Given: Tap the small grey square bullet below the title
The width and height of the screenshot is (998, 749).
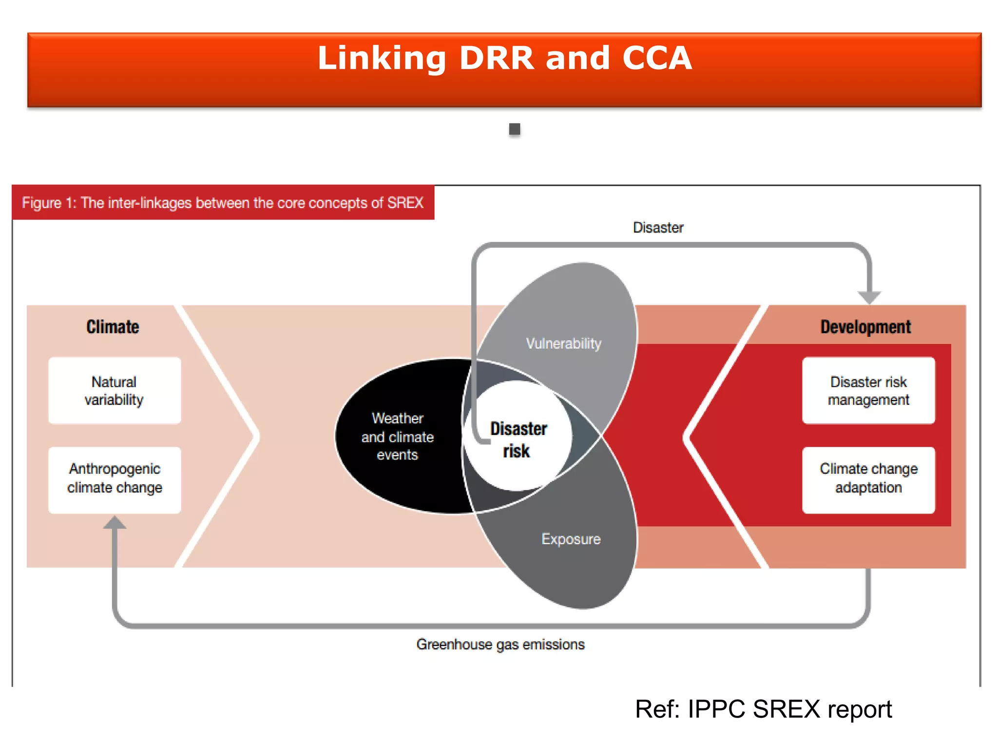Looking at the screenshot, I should point(514,129).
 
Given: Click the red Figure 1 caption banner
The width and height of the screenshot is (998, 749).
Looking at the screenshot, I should point(223,203).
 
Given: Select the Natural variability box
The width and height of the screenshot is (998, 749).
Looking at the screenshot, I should point(115,391).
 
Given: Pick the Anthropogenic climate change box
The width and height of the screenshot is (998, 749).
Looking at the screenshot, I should point(115,479).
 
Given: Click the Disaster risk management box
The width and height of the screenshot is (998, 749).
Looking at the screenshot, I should point(868,391).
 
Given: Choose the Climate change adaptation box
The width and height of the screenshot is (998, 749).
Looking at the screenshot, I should point(868,479).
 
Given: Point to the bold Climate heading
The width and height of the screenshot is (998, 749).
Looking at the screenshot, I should point(113,327).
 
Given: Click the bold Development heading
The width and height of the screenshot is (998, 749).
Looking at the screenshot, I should point(865,327).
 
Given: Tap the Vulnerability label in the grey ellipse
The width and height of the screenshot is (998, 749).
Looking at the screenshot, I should point(563,343).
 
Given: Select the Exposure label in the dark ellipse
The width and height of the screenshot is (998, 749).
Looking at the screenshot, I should point(571,539).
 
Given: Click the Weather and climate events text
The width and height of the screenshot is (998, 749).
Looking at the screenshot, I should point(397,436).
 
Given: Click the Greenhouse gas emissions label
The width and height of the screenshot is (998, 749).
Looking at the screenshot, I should point(500,644).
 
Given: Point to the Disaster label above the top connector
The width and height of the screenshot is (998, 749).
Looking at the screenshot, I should point(658,227).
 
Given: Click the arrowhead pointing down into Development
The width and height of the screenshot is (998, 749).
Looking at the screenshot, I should point(869,296).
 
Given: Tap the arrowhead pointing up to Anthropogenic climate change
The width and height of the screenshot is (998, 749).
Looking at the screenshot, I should point(115,523).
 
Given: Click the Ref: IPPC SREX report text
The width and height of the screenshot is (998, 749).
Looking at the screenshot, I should point(763,709).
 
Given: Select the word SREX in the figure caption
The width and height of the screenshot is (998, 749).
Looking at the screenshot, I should point(405,203).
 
